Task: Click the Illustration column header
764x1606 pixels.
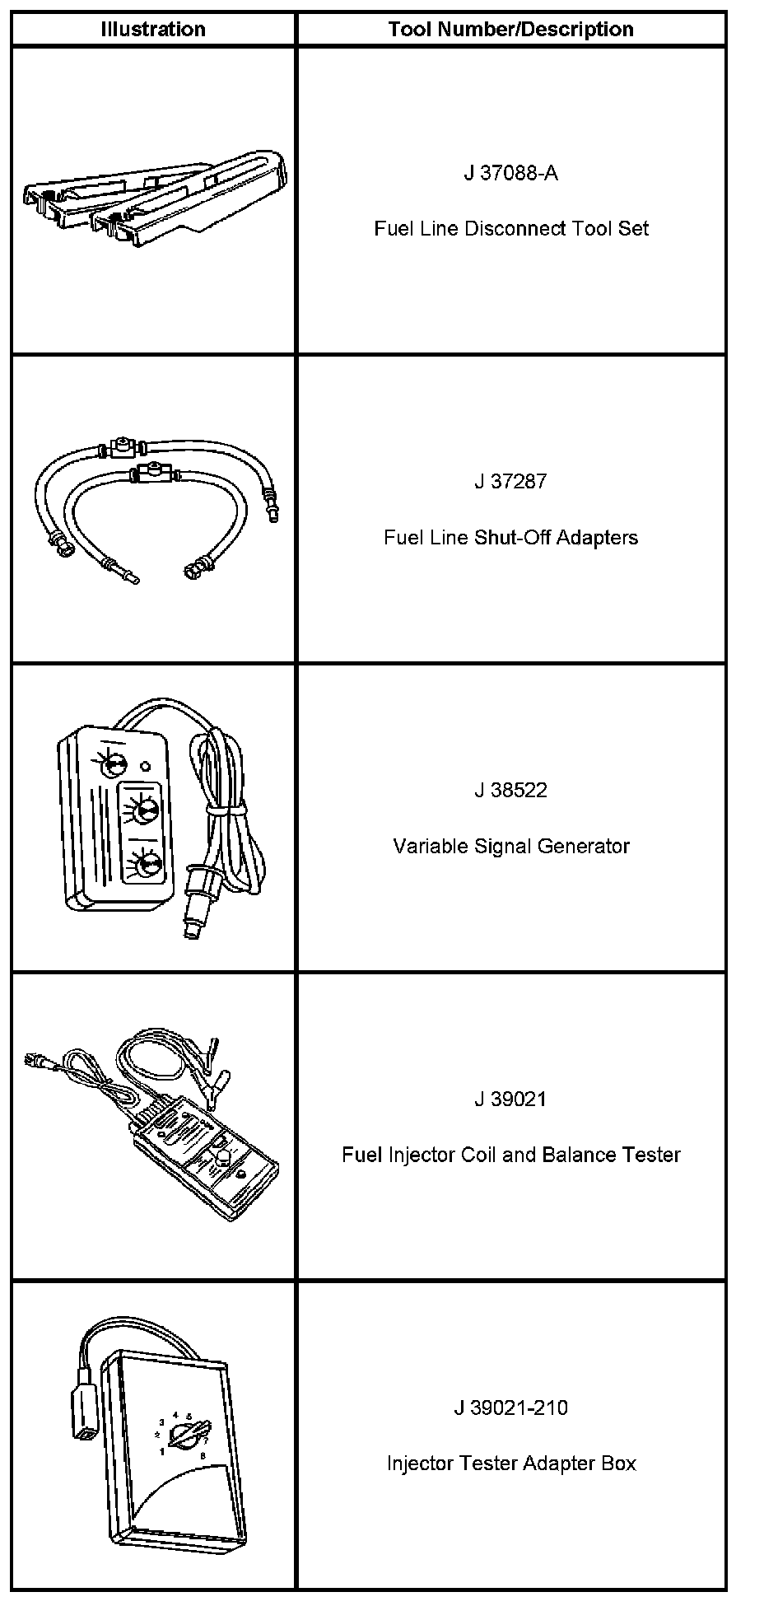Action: [152, 30]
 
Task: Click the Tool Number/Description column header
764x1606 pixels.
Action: [510, 30]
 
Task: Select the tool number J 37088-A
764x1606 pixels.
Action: [510, 173]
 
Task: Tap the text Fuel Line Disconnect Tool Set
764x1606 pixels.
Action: [510, 228]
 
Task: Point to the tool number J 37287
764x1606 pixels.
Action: [510, 481]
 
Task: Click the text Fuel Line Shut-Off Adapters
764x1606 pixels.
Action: [510, 537]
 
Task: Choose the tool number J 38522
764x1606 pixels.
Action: [510, 790]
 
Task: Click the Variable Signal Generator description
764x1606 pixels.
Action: [510, 846]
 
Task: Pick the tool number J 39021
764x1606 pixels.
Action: [510, 1099]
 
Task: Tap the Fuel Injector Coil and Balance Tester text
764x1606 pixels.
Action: [510, 1155]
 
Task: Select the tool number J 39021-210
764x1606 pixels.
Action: [510, 1408]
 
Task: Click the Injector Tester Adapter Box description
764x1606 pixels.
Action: [510, 1464]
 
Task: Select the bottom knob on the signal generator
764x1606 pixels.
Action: [148, 864]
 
